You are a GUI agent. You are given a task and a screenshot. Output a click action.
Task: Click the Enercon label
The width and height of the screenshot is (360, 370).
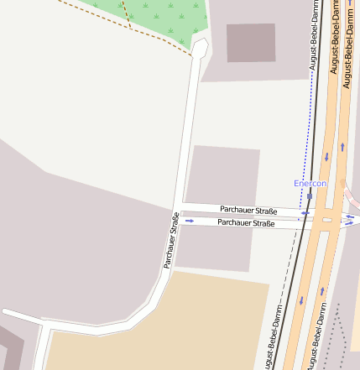click(310, 183)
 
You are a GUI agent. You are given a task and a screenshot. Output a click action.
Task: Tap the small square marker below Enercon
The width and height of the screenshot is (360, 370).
click(310, 196)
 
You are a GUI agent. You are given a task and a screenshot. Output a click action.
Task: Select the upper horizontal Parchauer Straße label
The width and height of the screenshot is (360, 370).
click(248, 209)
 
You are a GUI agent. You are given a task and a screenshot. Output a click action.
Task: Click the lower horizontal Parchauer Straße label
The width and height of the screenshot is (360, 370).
click(246, 222)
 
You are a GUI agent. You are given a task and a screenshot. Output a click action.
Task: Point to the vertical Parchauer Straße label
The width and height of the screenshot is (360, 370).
click(171, 240)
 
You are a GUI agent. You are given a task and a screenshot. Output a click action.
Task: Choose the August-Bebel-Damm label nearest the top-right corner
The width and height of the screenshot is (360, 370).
click(347, 26)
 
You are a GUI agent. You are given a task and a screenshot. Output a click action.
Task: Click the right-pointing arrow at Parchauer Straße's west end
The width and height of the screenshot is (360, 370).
click(190, 221)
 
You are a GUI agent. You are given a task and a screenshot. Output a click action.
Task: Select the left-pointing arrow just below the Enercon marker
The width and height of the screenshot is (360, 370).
click(306, 213)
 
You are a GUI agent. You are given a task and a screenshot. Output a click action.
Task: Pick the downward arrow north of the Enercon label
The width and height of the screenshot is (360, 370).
click(326, 157)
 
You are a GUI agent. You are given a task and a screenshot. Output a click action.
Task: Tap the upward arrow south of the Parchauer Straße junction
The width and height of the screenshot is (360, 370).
click(321, 291)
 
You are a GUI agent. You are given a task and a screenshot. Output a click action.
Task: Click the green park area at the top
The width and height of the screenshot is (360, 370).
click(168, 18)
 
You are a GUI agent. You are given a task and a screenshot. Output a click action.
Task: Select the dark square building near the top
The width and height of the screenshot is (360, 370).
click(251, 43)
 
